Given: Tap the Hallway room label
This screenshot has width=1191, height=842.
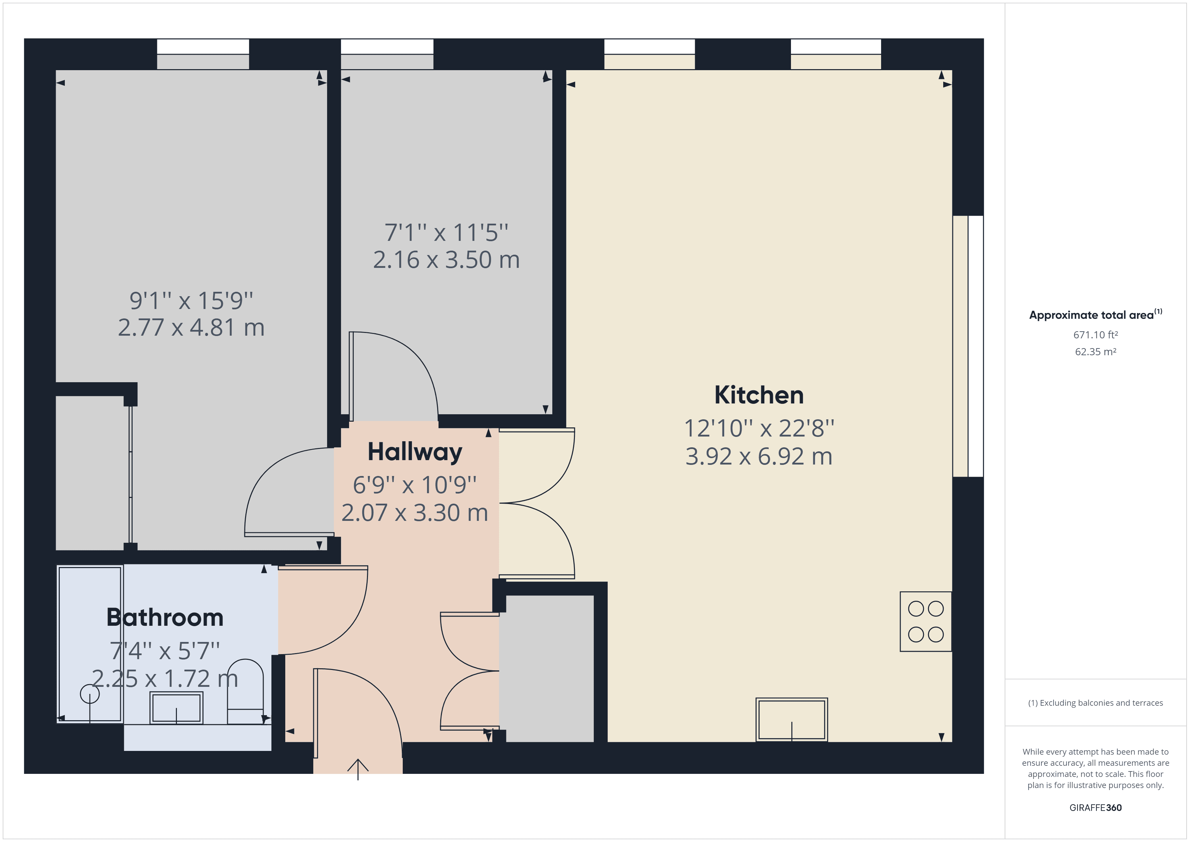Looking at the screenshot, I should tap(415, 452).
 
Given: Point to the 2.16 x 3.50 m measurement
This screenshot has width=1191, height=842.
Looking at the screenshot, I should tap(446, 260).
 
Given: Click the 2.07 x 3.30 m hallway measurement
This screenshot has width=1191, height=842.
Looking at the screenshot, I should tap(415, 513).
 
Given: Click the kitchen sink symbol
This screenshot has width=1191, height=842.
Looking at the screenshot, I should tap(792, 719).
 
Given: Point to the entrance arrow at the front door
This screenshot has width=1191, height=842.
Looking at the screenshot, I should tap(358, 768).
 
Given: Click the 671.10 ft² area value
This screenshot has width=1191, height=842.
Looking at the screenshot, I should tap(1095, 335).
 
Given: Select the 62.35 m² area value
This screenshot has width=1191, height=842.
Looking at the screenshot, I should tap(1095, 352).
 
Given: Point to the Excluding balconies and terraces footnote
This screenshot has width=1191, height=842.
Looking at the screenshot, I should tap(1095, 703).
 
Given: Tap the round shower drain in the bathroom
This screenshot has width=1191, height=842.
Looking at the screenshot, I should tap(90, 694).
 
